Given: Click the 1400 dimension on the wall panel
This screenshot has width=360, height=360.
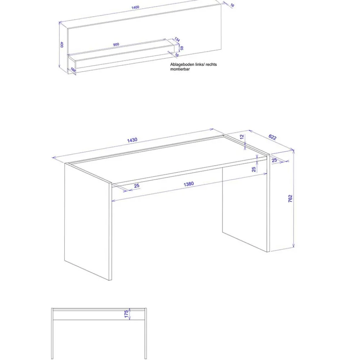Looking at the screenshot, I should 135,7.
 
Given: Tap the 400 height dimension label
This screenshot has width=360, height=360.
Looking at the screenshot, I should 62,45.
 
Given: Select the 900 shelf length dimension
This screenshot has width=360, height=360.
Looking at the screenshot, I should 116,45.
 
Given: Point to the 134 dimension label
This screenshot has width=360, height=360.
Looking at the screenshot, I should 177,40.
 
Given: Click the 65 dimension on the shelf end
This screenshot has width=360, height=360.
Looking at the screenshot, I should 182,48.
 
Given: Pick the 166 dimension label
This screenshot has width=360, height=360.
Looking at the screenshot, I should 73,70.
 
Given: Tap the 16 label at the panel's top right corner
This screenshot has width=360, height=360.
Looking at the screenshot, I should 232,6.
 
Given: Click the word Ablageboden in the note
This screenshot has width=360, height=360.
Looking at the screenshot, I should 182,65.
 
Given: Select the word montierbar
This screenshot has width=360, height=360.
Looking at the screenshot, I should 180,69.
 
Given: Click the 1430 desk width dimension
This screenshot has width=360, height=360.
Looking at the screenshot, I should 132,140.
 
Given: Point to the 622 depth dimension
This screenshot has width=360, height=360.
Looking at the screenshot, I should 272,137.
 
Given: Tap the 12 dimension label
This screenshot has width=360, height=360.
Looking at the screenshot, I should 242,137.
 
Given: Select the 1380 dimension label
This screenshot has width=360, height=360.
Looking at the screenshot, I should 189,184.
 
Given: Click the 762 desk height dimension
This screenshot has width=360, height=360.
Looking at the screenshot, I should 290,199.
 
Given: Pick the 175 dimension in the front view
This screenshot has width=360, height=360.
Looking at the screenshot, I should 126,314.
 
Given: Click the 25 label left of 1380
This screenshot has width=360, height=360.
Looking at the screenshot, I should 137,186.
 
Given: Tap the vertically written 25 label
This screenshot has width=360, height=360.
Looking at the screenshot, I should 253,169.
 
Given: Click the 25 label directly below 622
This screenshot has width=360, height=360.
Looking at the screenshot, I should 274,161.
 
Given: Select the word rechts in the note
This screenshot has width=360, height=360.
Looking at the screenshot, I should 211,65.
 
